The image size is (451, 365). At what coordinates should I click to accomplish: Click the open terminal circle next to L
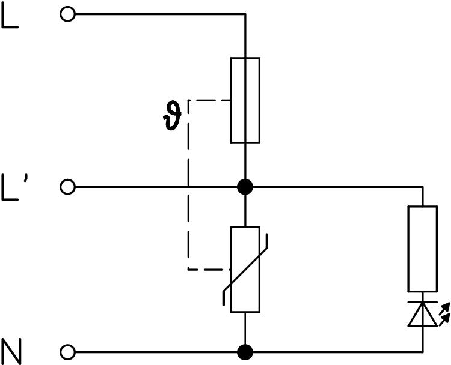[69, 14]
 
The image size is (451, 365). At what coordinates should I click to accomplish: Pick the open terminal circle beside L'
[69, 187]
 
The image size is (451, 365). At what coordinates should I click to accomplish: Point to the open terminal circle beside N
[69, 351]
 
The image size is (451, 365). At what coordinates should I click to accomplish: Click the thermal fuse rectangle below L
[245, 100]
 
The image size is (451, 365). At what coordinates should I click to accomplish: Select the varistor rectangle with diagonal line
[245, 269]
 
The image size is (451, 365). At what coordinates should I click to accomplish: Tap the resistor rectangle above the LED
[423, 249]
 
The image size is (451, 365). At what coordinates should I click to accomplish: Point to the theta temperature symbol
[173, 117]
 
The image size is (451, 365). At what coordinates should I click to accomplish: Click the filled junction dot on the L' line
[245, 187]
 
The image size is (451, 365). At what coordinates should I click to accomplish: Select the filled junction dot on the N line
[245, 351]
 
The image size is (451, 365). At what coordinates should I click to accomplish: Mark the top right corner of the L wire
[245, 14]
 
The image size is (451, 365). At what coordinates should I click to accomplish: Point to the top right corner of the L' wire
[423, 187]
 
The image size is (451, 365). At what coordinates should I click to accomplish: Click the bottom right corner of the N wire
[423, 351]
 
